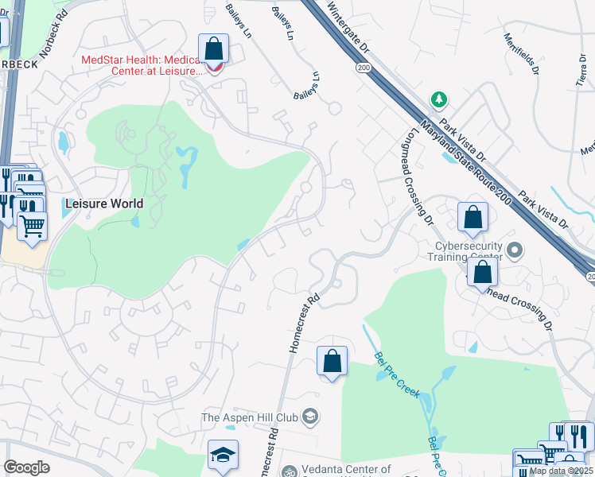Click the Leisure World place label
pos(105,204)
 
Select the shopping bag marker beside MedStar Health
pos(214,50)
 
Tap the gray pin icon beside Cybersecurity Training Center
pos(515,251)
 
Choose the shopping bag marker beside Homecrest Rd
pos(332,362)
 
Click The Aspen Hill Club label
pos(253,417)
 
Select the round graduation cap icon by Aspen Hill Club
pos(311,416)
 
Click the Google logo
pos(26,467)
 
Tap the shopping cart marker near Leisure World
pos(32,225)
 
